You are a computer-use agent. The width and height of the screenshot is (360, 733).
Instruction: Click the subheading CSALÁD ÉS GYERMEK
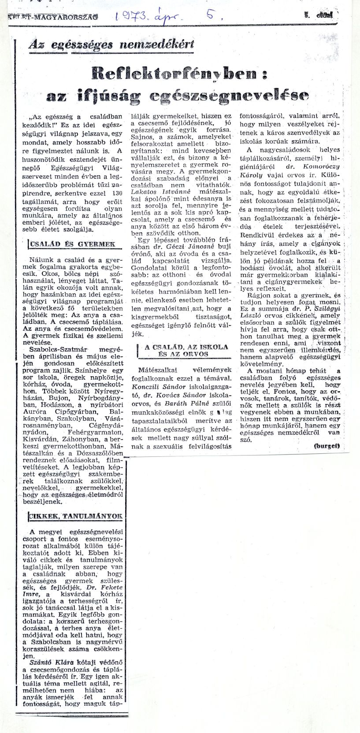click(71, 244)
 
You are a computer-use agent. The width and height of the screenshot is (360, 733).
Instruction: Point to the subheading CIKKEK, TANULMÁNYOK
click(75, 516)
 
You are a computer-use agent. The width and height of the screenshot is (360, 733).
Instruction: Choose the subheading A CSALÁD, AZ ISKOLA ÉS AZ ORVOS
click(183, 350)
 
